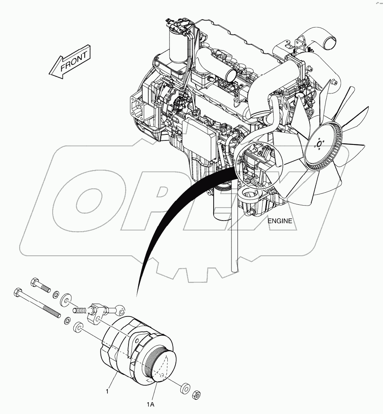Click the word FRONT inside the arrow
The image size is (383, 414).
74,62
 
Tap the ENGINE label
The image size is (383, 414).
279,221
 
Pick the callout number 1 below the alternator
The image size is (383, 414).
107,391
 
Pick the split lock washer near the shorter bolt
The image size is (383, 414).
57,293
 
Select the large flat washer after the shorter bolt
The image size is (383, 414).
65,301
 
